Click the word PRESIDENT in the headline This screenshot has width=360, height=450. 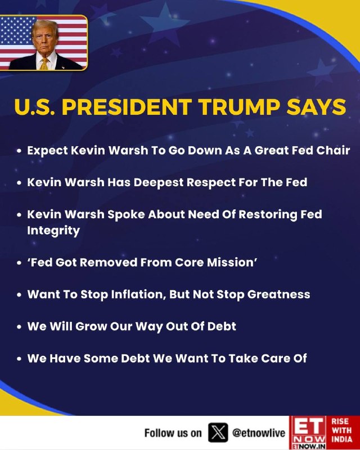127,107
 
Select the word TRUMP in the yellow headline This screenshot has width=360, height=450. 240,107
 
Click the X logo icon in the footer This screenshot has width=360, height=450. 218,433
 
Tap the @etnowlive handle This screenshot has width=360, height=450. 259,433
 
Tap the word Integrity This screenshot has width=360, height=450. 53,231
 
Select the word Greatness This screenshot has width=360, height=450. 278,294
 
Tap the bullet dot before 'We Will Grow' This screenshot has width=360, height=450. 19,327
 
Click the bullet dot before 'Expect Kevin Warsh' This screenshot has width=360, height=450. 19,151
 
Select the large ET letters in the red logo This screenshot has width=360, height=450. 308,426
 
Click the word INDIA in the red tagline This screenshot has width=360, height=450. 342,440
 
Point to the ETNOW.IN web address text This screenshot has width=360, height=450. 308,447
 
